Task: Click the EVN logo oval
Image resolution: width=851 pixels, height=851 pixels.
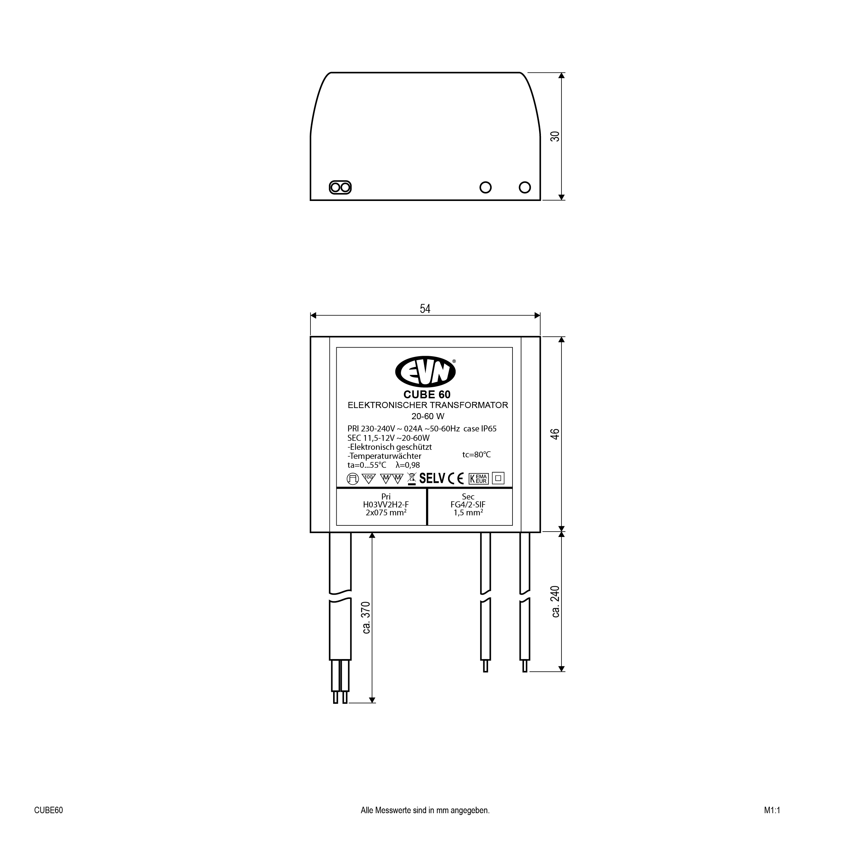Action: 425,372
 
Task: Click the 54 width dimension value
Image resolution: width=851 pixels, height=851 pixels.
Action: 425,309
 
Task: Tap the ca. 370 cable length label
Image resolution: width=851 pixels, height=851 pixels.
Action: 366,618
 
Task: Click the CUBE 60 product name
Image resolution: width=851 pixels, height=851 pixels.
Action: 427,394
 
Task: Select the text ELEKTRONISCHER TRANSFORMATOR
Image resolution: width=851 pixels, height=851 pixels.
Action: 428,405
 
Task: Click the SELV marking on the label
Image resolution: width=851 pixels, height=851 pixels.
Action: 432,478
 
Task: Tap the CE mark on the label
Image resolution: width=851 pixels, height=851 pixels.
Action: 456,478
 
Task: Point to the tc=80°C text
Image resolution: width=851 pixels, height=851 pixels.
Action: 476,454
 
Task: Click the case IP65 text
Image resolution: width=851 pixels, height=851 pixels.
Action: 480,429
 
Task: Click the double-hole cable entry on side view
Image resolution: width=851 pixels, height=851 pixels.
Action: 340,188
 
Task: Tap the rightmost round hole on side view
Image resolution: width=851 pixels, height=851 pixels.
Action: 525,187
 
